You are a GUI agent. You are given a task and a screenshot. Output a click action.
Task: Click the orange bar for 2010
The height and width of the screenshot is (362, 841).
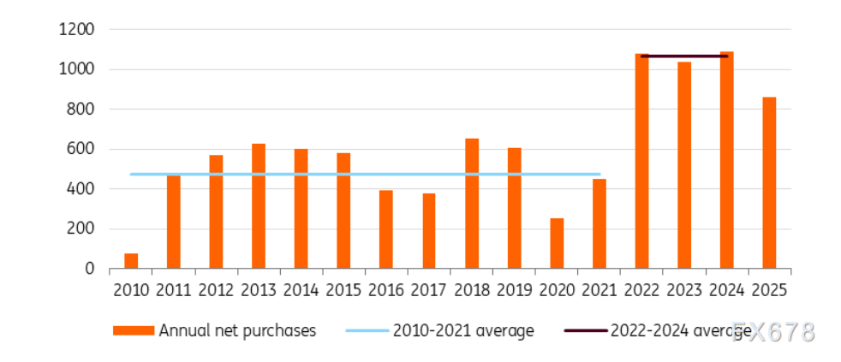(131, 261)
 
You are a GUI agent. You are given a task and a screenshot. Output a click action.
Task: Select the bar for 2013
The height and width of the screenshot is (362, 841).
(259, 206)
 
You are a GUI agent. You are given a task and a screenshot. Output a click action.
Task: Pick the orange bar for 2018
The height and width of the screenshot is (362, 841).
(472, 204)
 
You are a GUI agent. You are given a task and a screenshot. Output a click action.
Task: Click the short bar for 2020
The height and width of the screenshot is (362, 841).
(557, 243)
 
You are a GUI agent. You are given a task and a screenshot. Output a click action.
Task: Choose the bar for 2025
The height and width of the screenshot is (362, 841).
(769, 183)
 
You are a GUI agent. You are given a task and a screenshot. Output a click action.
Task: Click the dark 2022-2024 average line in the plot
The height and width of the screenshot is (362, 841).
(684, 56)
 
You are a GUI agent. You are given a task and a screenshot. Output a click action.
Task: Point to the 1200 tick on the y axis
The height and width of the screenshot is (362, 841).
(76, 30)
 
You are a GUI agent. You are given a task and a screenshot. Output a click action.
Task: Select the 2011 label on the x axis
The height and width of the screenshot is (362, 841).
(173, 290)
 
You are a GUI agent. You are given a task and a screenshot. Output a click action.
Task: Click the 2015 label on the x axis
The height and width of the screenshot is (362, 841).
(343, 290)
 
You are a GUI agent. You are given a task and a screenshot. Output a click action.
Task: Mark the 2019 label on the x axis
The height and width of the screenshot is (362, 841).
(514, 290)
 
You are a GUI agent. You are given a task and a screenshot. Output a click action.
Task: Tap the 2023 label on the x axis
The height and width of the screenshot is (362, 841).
(684, 290)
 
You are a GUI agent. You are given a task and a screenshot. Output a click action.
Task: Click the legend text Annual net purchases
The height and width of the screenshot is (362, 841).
(237, 331)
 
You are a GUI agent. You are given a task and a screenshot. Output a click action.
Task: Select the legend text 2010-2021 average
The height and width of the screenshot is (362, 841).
(463, 331)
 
